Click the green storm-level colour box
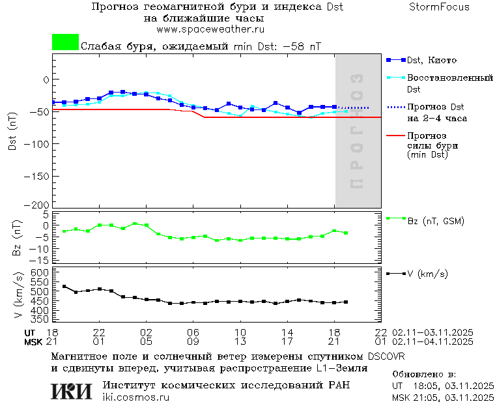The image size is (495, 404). pyautogui.click(x=65, y=42)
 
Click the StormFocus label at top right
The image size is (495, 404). pyautogui.click(x=439, y=7)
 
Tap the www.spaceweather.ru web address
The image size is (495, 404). pyautogui.click(x=210, y=29)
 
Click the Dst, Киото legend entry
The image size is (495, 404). pyautogui.click(x=427, y=60)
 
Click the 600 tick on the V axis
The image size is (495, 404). pyautogui.click(x=40, y=272)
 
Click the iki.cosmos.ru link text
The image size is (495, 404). pyautogui.click(x=135, y=397)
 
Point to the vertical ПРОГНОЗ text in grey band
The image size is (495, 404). pyautogui.click(x=356, y=130)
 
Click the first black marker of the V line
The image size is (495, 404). pyautogui.click(x=64, y=286)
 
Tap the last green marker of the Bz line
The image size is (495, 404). pyautogui.click(x=346, y=233)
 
